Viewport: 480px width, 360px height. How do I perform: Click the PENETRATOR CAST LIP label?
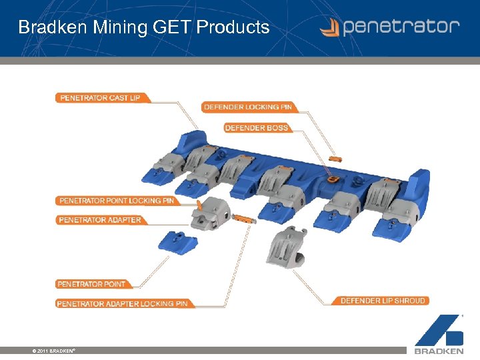[x=101, y=98]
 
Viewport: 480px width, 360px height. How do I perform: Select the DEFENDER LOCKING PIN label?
[x=247, y=107]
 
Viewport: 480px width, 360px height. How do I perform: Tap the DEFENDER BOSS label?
[x=257, y=128]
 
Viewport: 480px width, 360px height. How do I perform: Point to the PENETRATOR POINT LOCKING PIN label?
[x=117, y=201]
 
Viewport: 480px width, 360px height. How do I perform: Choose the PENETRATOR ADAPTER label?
[x=100, y=220]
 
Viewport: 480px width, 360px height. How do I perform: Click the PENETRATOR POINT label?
[x=91, y=284]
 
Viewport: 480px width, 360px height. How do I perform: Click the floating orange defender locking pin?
[x=336, y=159]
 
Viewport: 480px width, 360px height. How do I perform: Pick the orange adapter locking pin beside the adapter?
[x=245, y=218]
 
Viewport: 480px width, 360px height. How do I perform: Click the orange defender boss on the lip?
[x=331, y=179]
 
